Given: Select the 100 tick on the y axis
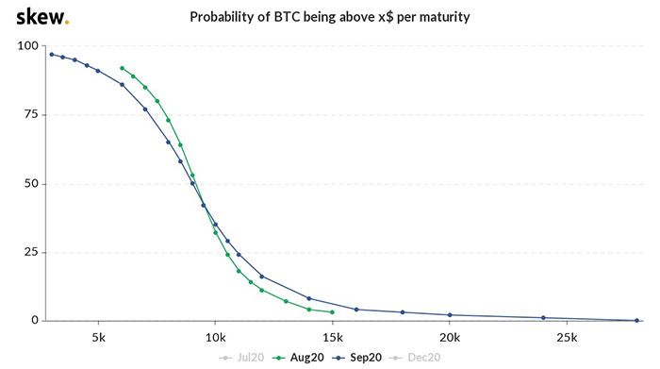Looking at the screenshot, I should [28, 46].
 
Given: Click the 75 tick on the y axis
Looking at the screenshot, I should [31, 115].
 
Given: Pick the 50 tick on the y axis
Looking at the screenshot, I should [31, 184].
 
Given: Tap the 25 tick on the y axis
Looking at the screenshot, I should [31, 252].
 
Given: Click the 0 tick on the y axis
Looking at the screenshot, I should [35, 321].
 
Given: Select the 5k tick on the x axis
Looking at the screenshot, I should [98, 338].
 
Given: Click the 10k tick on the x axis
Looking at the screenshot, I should [215, 338].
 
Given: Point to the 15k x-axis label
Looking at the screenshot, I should [332, 338].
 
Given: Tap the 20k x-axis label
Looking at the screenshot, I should [450, 338].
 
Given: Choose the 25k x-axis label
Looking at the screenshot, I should [567, 338].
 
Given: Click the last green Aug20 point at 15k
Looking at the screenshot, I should [332, 312].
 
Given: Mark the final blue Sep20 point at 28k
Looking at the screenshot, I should [637, 320].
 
